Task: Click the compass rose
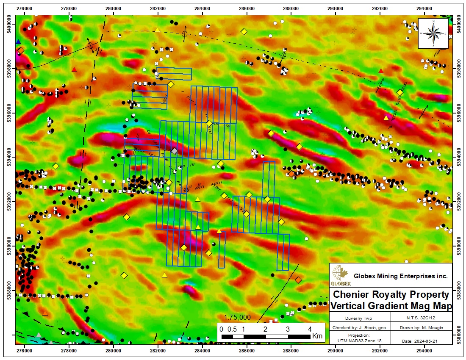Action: [433, 33]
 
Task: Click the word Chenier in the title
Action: [351, 294]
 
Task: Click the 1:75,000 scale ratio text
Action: [237, 317]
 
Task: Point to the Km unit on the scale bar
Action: [317, 337]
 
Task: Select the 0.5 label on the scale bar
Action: [233, 329]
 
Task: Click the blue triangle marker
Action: [18, 42]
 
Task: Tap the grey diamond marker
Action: [174, 151]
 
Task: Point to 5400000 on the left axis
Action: [8, 25]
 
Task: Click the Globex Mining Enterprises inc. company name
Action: [400, 276]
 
